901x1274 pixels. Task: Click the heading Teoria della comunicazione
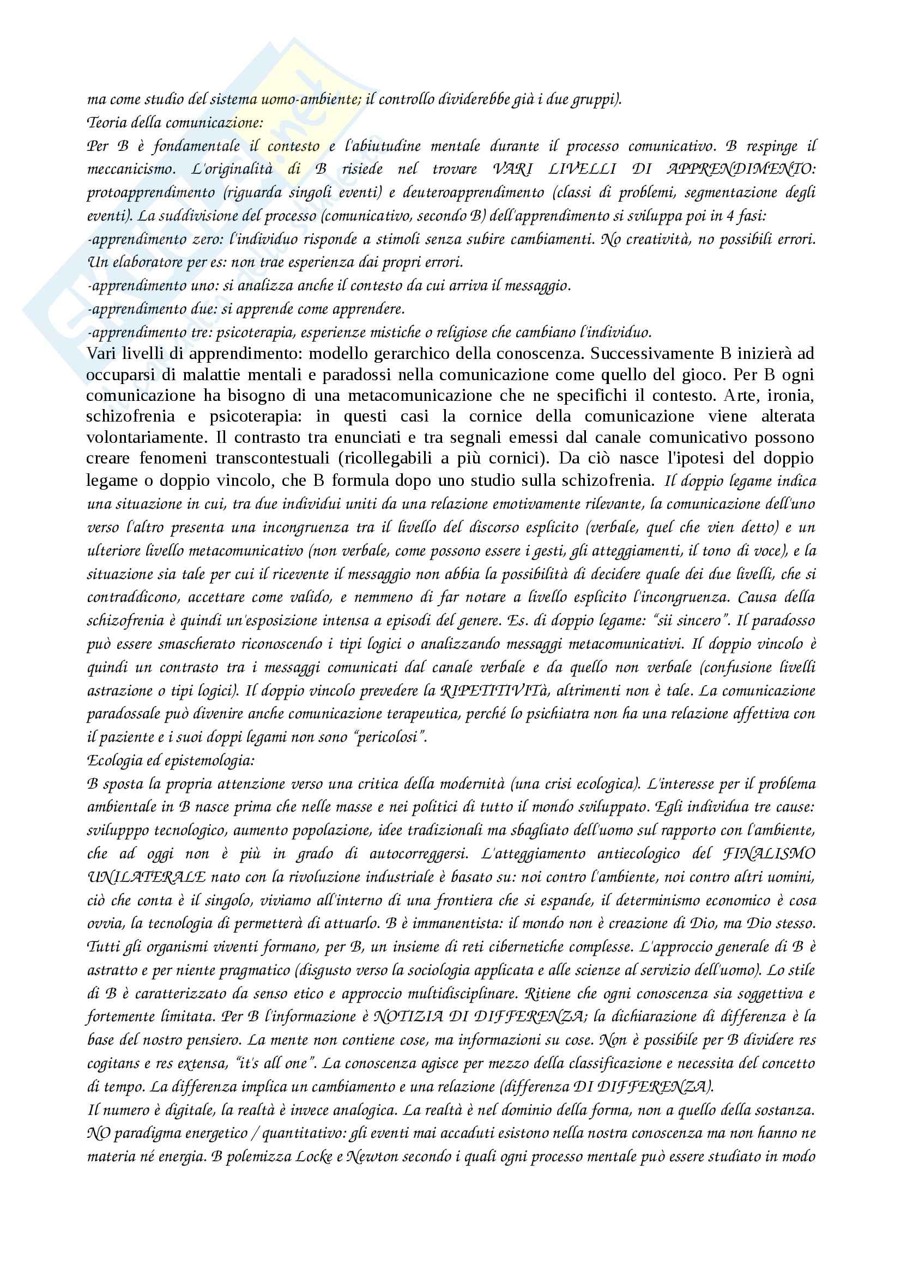175,123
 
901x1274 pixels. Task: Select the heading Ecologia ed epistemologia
171,760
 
